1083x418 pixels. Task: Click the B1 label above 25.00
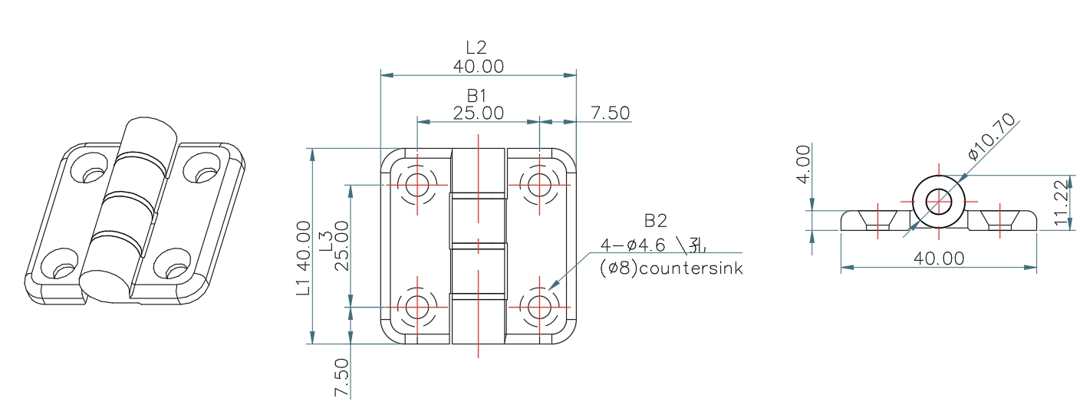pos(478,95)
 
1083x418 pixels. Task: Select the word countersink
pos(693,269)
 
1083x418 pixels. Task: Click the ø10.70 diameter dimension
pos(992,136)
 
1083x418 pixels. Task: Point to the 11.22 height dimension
pos(1062,203)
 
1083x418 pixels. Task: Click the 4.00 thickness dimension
pos(802,165)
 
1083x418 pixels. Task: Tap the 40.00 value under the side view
pos(939,258)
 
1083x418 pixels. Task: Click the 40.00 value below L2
pos(478,67)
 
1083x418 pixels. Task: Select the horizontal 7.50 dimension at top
pos(611,113)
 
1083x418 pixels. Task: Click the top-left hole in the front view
pos(418,184)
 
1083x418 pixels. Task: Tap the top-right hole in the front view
pos(540,184)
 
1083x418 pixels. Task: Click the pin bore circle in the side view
pos(938,202)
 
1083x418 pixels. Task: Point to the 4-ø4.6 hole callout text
pos(653,246)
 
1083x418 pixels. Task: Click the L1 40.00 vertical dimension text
pos(304,258)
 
